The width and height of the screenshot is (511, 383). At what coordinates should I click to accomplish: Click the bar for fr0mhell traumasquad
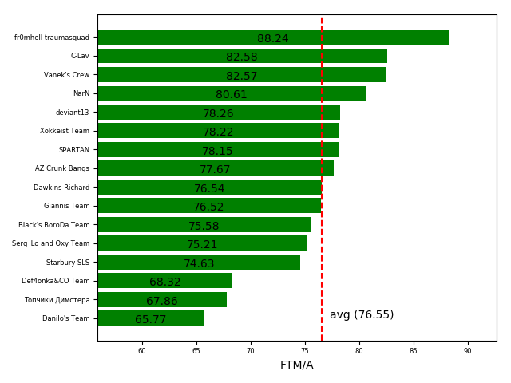coord(272,38)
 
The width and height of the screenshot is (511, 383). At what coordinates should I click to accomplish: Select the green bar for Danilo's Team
coord(151,318)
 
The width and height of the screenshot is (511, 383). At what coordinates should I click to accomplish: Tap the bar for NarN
coord(232,93)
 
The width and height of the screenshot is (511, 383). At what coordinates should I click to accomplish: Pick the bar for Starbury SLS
coord(199,263)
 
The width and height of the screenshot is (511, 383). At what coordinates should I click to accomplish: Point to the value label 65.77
coord(151,320)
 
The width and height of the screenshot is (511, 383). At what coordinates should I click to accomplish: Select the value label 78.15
coord(217,152)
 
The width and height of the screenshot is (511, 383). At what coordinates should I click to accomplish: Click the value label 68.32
coord(164,282)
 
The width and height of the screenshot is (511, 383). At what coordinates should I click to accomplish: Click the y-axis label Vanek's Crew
coord(66,75)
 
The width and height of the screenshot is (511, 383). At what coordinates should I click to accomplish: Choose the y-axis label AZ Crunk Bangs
coord(62,168)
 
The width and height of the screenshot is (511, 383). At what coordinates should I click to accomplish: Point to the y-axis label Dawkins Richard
coord(61,188)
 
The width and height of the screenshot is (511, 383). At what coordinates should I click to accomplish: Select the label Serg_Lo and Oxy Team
coord(50,243)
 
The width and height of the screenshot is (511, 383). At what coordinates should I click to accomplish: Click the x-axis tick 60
coord(142,351)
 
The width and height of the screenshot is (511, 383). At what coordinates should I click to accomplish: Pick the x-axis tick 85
coord(414,351)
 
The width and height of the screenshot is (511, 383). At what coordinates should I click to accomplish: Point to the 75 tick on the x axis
coord(305,351)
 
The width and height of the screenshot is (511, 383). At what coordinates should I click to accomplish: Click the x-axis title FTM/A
coord(297,365)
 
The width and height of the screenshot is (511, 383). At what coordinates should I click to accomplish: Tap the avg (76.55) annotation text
coord(362,315)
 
